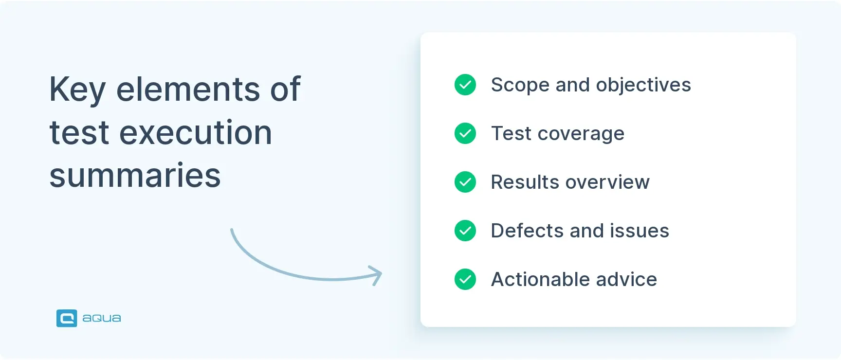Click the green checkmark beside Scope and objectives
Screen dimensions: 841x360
[x=465, y=85]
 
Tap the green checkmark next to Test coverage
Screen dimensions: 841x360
[x=465, y=133]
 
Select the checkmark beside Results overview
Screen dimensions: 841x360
[x=465, y=182]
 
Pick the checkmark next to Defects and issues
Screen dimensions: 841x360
[x=465, y=231]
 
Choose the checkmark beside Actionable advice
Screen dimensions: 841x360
[x=465, y=279]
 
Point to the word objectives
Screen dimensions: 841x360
[x=643, y=86]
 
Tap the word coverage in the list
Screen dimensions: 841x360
[x=581, y=134]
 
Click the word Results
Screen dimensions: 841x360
[x=525, y=182]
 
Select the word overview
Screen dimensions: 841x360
[x=607, y=182]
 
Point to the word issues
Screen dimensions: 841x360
[x=640, y=231]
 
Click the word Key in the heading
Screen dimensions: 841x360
[x=77, y=90]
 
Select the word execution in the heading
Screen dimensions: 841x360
[x=196, y=133]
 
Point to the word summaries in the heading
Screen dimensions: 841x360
[x=135, y=176]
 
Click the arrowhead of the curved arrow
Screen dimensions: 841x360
[x=377, y=275]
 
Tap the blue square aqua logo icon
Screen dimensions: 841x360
[x=67, y=318]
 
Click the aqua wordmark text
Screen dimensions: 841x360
[x=102, y=318]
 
